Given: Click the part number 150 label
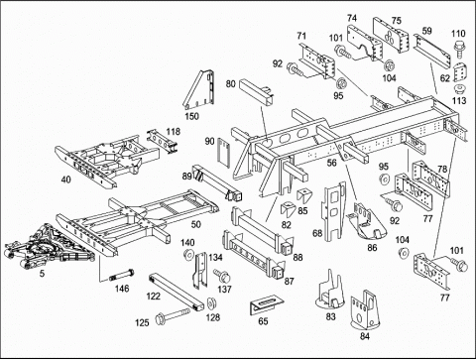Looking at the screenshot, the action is tap(192, 116).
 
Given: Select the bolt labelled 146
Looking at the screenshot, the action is tap(122, 275).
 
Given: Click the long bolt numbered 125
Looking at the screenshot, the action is tap(173, 315).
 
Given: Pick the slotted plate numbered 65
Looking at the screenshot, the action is tap(267, 305).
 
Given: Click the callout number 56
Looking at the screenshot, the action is tap(331, 163).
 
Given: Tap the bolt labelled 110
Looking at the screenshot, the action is tap(460, 49).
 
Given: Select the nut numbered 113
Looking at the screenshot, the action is tap(459, 89).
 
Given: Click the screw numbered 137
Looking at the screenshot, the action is tap(222, 275).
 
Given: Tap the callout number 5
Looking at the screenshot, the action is tap(42, 274).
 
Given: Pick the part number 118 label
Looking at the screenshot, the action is tap(174, 132).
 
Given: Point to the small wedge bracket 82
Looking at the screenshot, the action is tap(288, 209).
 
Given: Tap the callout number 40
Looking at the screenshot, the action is tap(65, 180).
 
